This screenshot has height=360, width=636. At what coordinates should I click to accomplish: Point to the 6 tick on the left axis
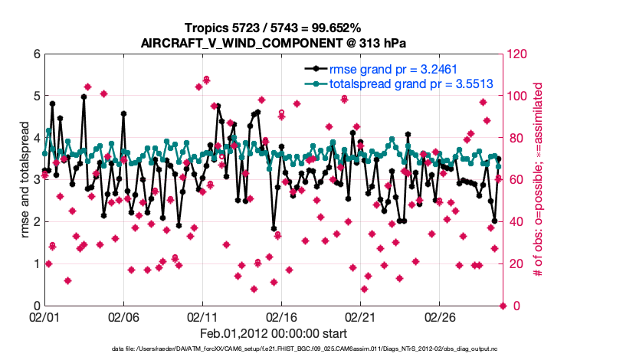[36, 54]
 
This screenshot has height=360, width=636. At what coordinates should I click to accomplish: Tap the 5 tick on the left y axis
[36, 97]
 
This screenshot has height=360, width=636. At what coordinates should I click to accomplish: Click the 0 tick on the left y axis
[36, 306]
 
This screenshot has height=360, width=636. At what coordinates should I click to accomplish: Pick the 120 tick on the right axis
[517, 54]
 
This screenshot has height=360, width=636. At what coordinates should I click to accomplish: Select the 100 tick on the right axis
[517, 97]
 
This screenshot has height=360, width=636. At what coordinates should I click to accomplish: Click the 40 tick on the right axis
[515, 222]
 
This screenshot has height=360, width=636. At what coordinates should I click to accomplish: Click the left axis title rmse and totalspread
[25, 180]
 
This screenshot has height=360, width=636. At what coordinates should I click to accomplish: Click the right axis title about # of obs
[539, 180]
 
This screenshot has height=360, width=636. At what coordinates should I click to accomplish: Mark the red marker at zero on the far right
[503, 306]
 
